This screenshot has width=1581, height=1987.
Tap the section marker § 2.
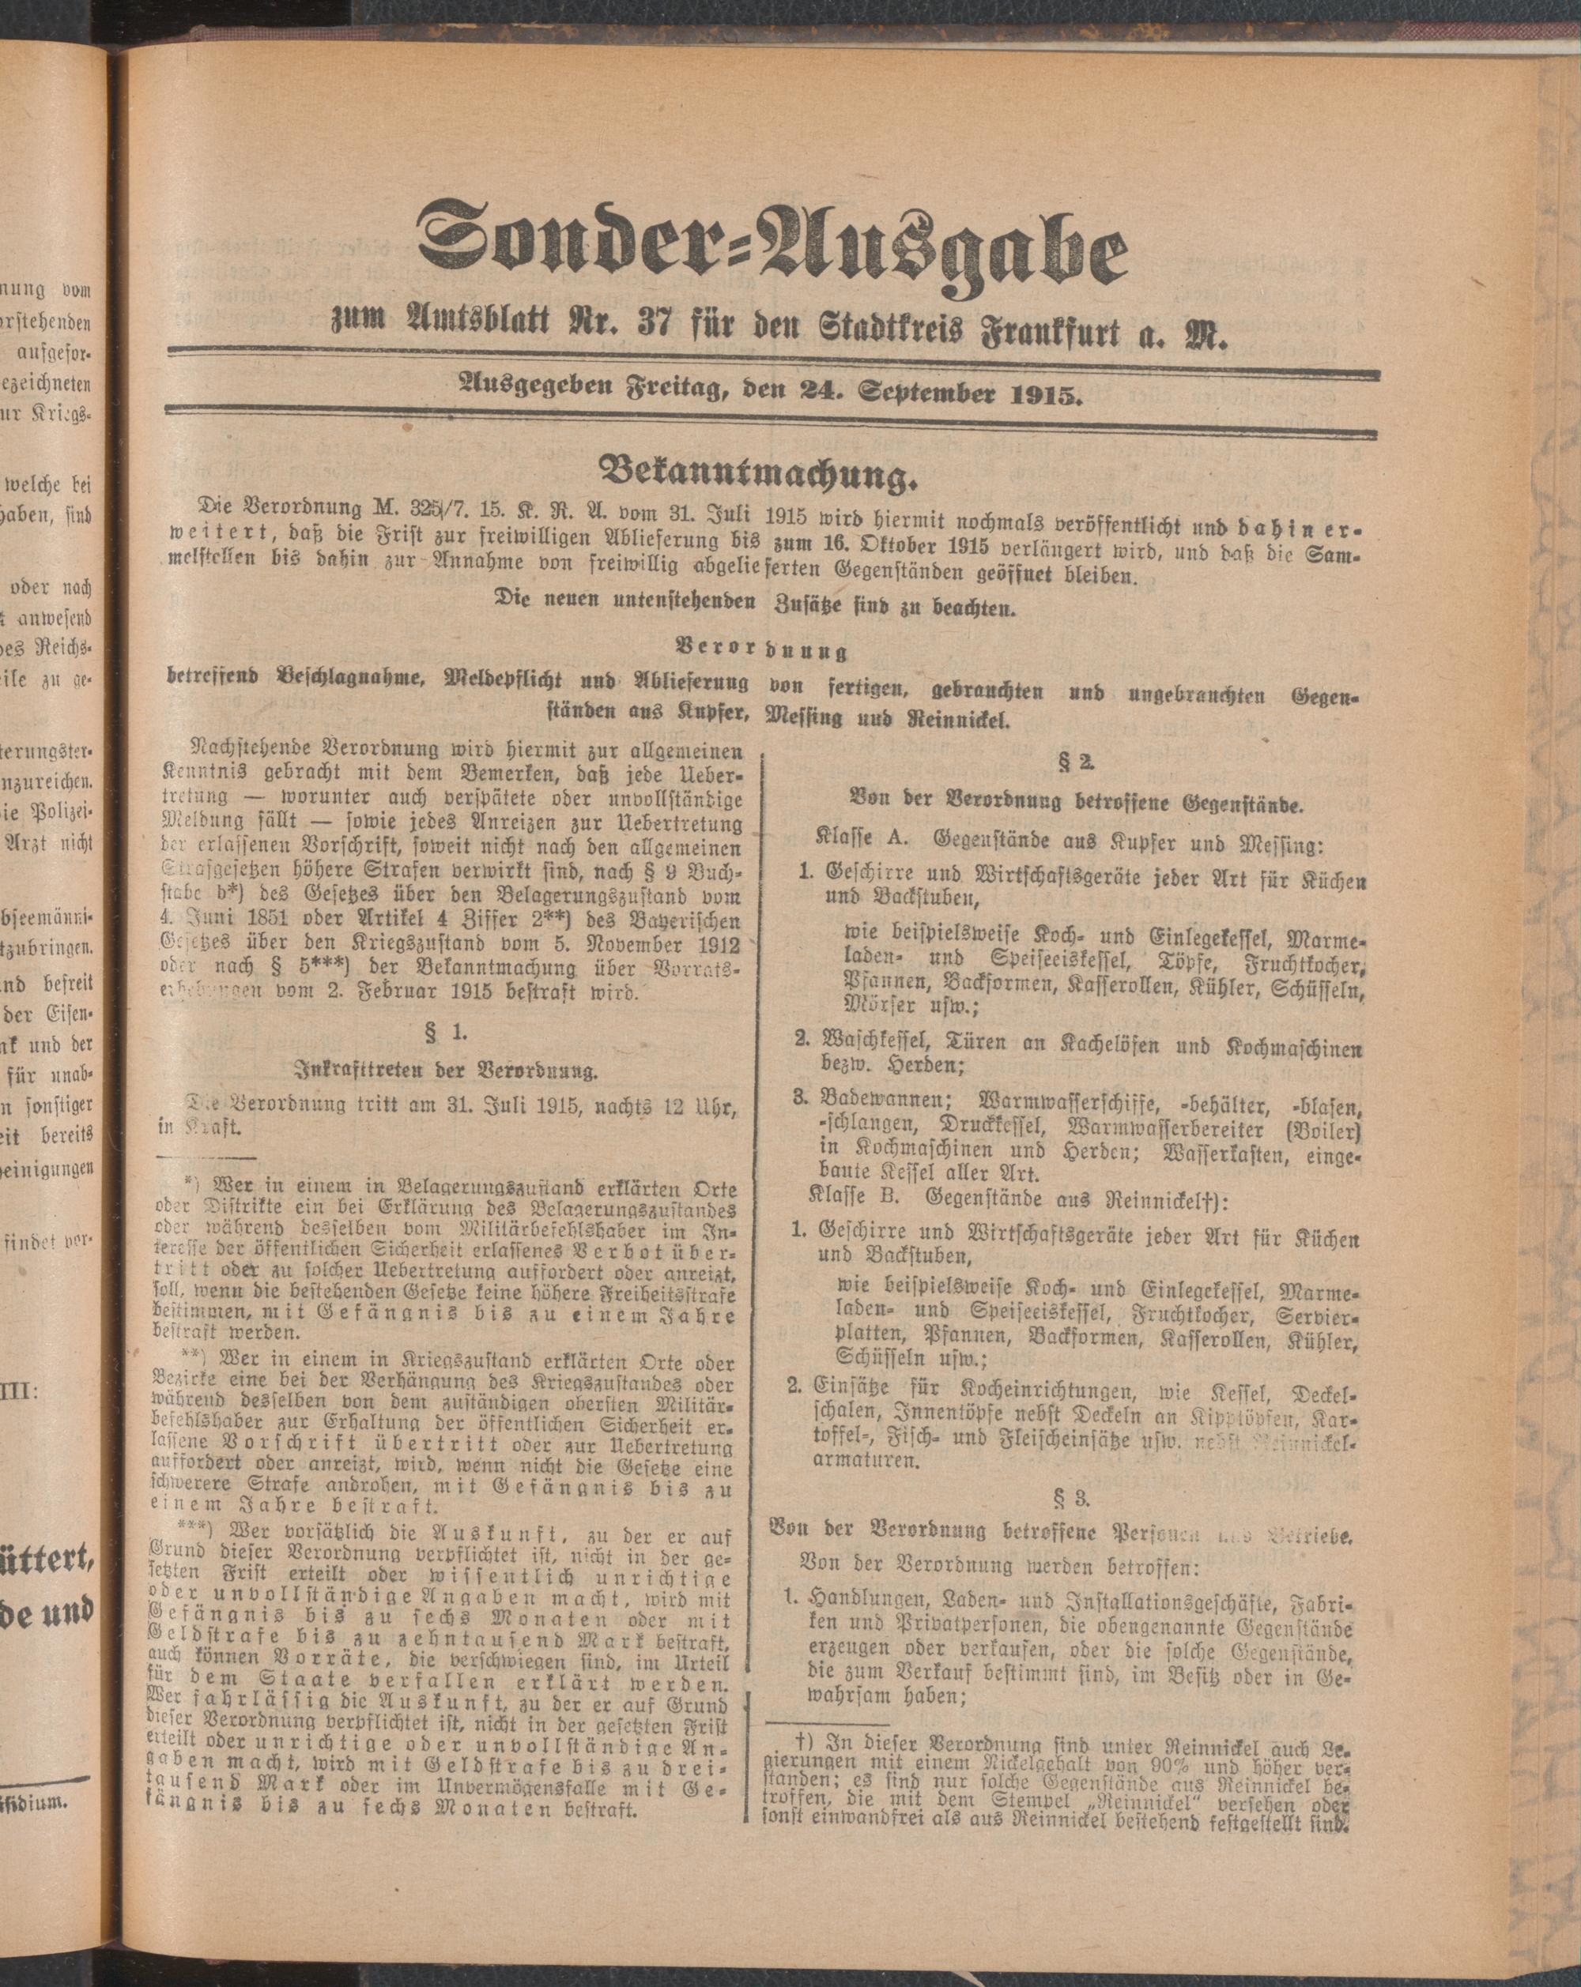[x=1070, y=762]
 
